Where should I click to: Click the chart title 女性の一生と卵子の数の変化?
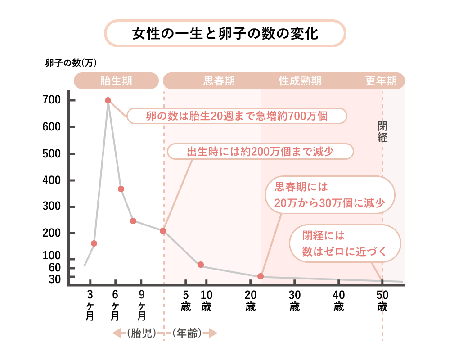click(225, 34)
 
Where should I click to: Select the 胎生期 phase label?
click(116, 81)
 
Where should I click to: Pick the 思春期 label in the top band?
click(219, 81)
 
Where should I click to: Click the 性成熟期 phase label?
click(300, 81)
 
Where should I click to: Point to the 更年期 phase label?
click(381, 81)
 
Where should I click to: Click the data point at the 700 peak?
click(108, 100)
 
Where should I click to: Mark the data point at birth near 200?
click(163, 231)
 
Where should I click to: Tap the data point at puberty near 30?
click(261, 276)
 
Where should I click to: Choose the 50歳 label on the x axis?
click(382, 301)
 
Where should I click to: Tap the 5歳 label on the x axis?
click(185, 301)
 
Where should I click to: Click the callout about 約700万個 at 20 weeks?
click(237, 116)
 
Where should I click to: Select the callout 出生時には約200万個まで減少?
click(260, 152)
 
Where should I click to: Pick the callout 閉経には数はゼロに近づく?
click(344, 243)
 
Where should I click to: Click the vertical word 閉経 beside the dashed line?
click(382, 131)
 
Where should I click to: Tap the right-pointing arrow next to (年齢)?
click(211, 333)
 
